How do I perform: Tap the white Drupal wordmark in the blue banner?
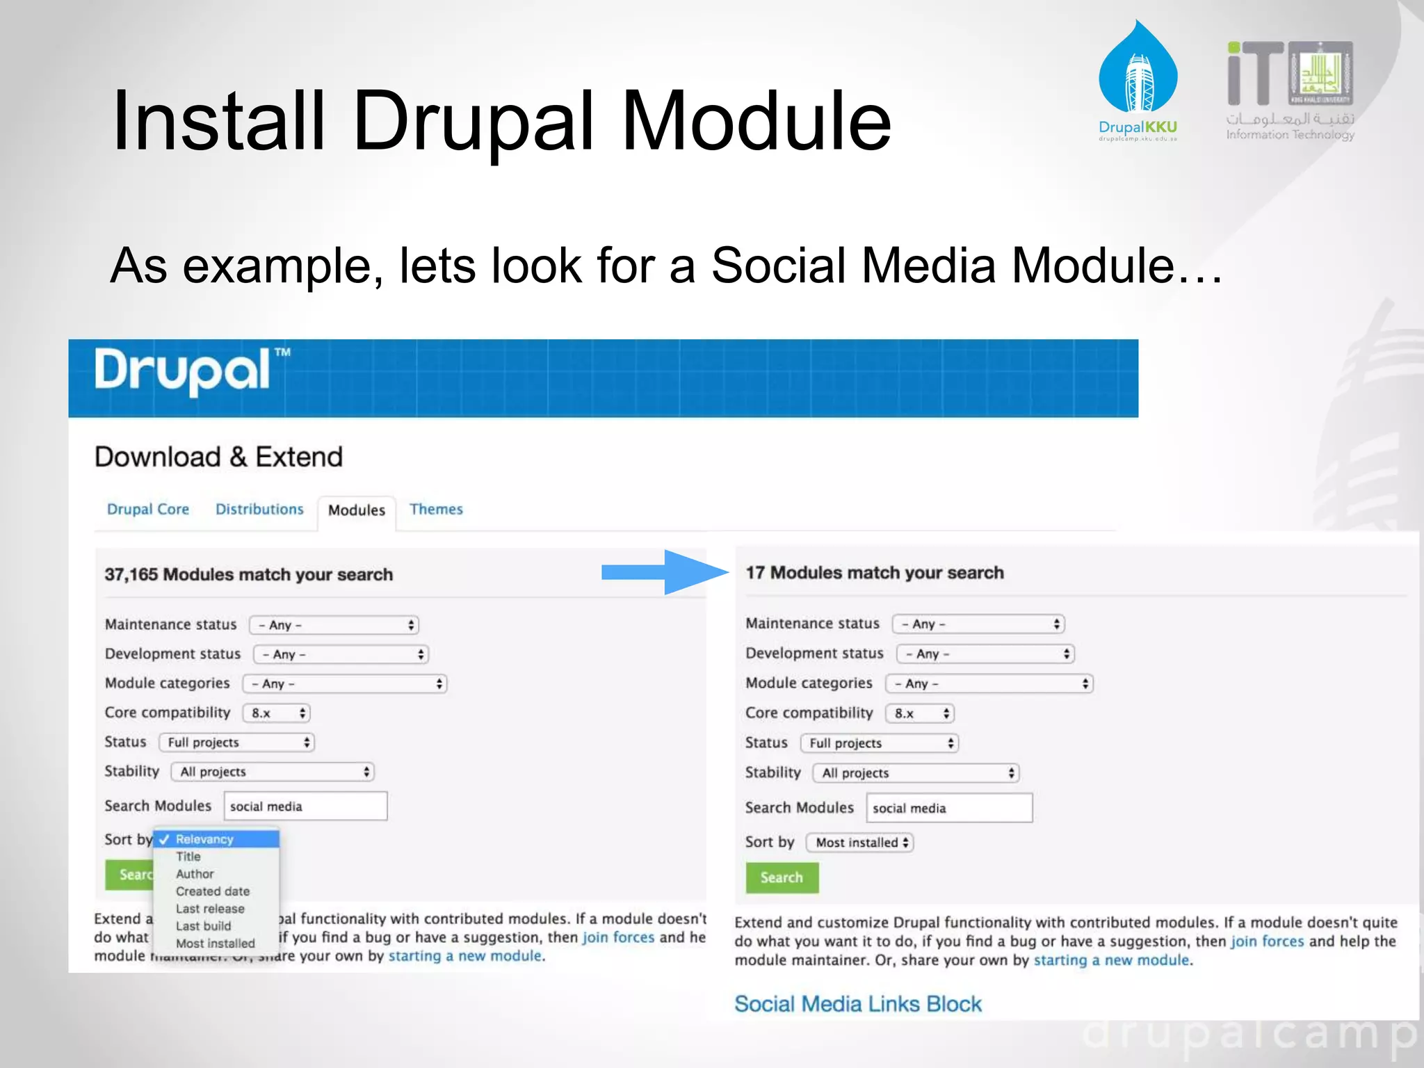(182, 370)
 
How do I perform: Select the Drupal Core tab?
(147, 509)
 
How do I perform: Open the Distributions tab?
(259, 509)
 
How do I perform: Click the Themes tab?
(436, 509)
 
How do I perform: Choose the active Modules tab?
(357, 510)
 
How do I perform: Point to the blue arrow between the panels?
(663, 572)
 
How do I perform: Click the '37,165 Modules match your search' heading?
(249, 574)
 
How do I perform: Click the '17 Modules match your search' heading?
(875, 573)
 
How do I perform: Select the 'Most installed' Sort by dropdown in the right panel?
(860, 843)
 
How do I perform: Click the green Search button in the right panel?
(782, 877)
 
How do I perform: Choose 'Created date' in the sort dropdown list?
(212, 891)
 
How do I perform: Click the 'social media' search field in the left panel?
(305, 807)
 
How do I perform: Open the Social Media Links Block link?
(858, 1004)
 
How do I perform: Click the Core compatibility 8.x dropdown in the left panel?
(277, 713)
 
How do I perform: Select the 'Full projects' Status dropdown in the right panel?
(880, 743)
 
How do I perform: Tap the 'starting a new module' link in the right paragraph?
(1111, 960)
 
